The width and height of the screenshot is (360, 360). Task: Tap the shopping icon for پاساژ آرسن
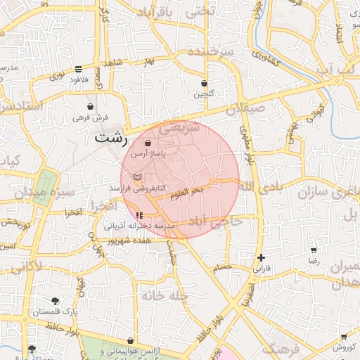coord(147,143)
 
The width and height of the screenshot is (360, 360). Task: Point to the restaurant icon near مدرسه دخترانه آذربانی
coord(139,214)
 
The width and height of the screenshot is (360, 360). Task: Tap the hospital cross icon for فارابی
coord(262,258)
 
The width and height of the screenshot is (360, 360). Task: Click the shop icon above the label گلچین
coord(204,83)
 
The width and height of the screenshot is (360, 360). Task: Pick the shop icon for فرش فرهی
coord(91,106)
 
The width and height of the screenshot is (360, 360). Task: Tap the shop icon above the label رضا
coord(313,250)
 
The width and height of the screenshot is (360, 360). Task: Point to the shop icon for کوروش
coord(343,337)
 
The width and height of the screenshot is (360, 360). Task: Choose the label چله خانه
coord(165,296)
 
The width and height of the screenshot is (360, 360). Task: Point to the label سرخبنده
coord(224,52)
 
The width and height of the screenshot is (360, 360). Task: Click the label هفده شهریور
coord(112,240)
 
